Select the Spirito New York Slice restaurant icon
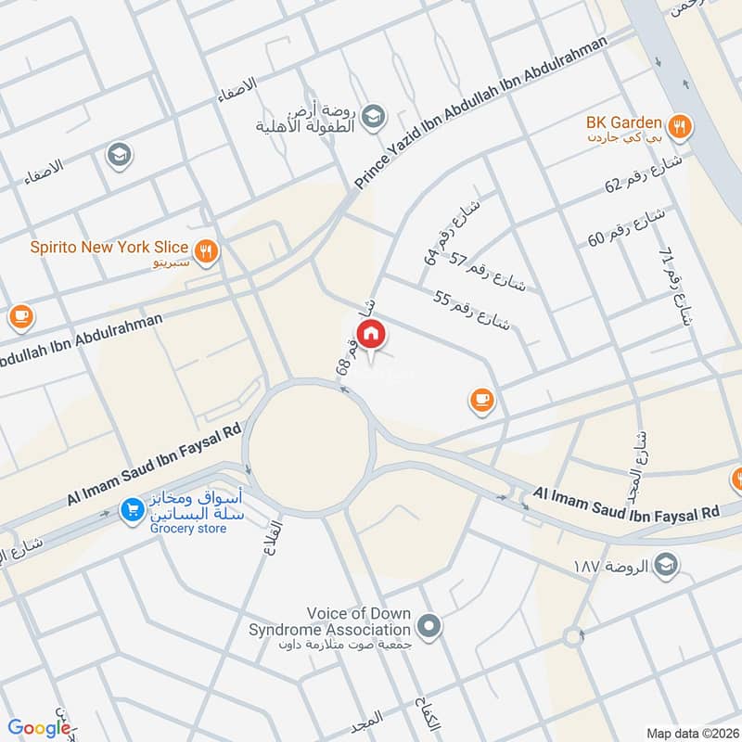[206, 249]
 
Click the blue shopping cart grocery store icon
[132, 508]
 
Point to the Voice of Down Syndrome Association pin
[428, 628]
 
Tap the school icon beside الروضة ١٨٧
[665, 564]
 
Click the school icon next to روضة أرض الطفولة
[373, 116]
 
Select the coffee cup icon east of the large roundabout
[480, 400]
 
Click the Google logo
[39, 728]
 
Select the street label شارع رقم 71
[675, 287]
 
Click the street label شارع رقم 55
[473, 310]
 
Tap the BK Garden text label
[622, 122]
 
